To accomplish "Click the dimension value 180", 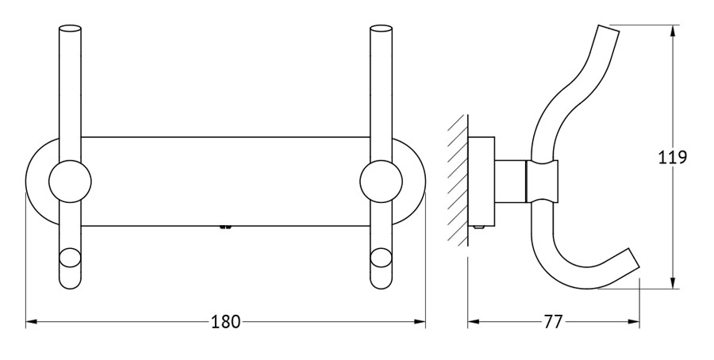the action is [x=225, y=322].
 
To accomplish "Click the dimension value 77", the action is [x=553, y=322].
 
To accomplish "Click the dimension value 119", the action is [x=673, y=157].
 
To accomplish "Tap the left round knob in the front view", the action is [x=70, y=181].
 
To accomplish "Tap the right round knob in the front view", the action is [x=381, y=181].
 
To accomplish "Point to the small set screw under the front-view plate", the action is [x=225, y=227].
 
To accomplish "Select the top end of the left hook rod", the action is [x=70, y=29].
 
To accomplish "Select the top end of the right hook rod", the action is [x=381, y=29].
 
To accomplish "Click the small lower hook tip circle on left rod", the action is [x=70, y=258].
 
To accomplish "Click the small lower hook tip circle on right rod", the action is [x=381, y=258].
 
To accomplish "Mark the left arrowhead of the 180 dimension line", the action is [x=31, y=322].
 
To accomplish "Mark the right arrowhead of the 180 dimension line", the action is [x=420, y=322].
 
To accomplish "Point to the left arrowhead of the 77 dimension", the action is [x=473, y=322].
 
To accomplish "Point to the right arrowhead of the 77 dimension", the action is [x=635, y=322].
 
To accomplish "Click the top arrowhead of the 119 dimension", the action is [x=674, y=30].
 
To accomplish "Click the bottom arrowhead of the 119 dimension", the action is [x=674, y=282].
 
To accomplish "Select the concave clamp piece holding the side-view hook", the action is [x=543, y=181].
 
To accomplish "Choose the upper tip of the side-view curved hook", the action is [x=608, y=29].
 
